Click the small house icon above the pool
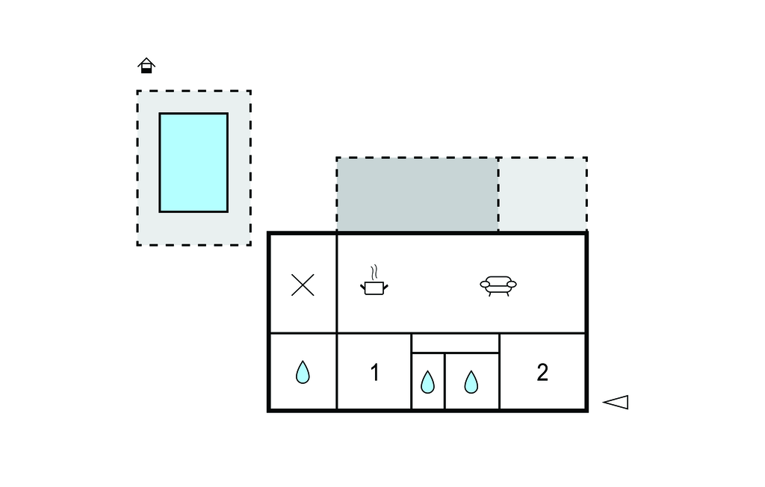(146, 66)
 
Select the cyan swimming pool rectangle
(193, 162)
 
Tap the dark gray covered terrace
(417, 194)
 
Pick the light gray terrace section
(542, 194)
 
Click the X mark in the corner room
(303, 285)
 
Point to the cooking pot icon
(374, 287)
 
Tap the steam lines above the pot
(376, 270)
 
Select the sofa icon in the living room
(498, 285)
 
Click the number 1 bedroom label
(375, 373)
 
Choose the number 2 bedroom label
(542, 372)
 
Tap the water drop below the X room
(303, 372)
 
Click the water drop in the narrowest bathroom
(427, 382)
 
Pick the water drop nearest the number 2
(471, 382)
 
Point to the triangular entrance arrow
(616, 402)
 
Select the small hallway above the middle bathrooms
(455, 343)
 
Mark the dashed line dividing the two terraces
(498, 194)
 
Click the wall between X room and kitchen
(337, 284)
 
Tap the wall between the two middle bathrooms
(445, 381)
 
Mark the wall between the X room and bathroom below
(303, 333)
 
